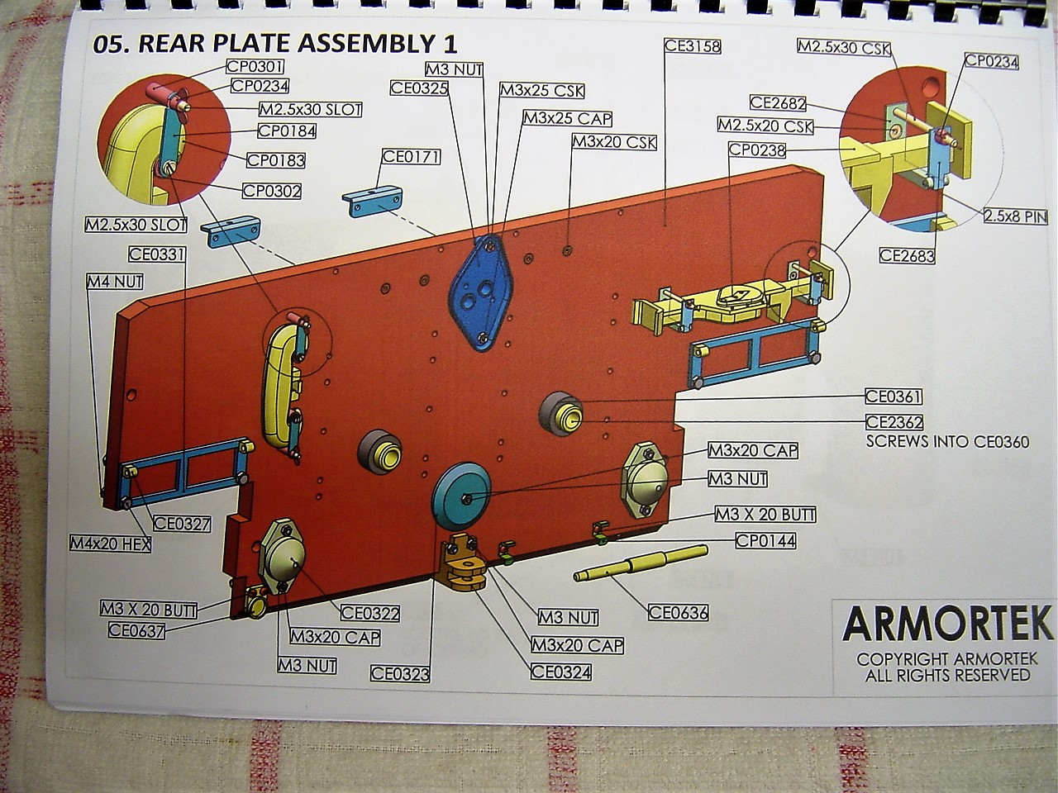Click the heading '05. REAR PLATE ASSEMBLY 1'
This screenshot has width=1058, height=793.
pyautogui.click(x=275, y=44)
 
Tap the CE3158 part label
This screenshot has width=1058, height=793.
pyautogui.click(x=693, y=46)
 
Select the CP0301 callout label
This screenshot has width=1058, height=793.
pyautogui.click(x=254, y=68)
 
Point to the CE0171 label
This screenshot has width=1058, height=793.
pyautogui.click(x=411, y=157)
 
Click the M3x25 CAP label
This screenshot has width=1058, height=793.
pyautogui.click(x=567, y=118)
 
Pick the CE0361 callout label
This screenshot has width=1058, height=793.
pyautogui.click(x=894, y=397)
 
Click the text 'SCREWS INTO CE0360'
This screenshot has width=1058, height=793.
pyautogui.click(x=947, y=442)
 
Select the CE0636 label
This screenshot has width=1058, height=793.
pyautogui.click(x=678, y=612)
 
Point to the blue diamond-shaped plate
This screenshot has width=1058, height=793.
pyautogui.click(x=482, y=289)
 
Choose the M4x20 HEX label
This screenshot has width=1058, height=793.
pyautogui.click(x=110, y=544)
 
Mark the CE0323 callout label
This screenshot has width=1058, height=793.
pyautogui.click(x=400, y=673)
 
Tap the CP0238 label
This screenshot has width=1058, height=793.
pyautogui.click(x=756, y=150)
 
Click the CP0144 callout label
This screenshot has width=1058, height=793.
pyautogui.click(x=766, y=540)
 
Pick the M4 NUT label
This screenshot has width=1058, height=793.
pyautogui.click(x=115, y=283)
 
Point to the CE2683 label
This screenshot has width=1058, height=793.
pyautogui.click(x=907, y=255)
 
